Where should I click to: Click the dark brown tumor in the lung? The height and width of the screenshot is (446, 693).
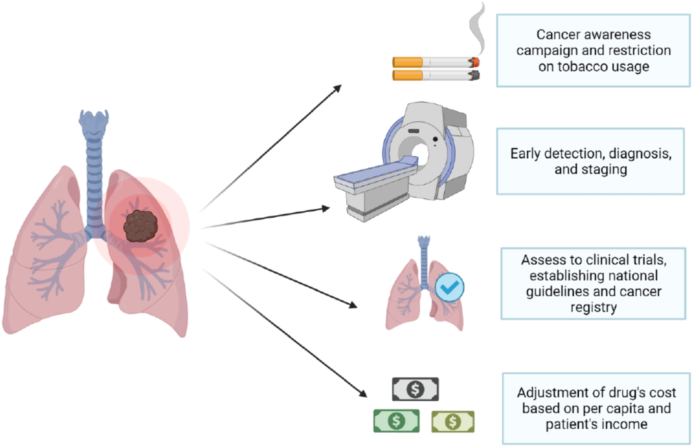point(141,226)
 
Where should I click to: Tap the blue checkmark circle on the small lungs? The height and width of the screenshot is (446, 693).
point(449,287)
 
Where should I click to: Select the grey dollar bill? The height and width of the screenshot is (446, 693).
point(415,389)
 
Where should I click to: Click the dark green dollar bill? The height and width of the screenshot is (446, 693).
point(396,421)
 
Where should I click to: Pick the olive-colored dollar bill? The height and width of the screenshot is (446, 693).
point(453,422)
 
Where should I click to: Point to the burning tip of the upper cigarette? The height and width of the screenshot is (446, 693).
point(475,62)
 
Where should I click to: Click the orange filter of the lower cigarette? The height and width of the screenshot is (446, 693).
point(408,76)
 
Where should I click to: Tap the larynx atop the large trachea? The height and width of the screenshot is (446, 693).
point(94,123)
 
